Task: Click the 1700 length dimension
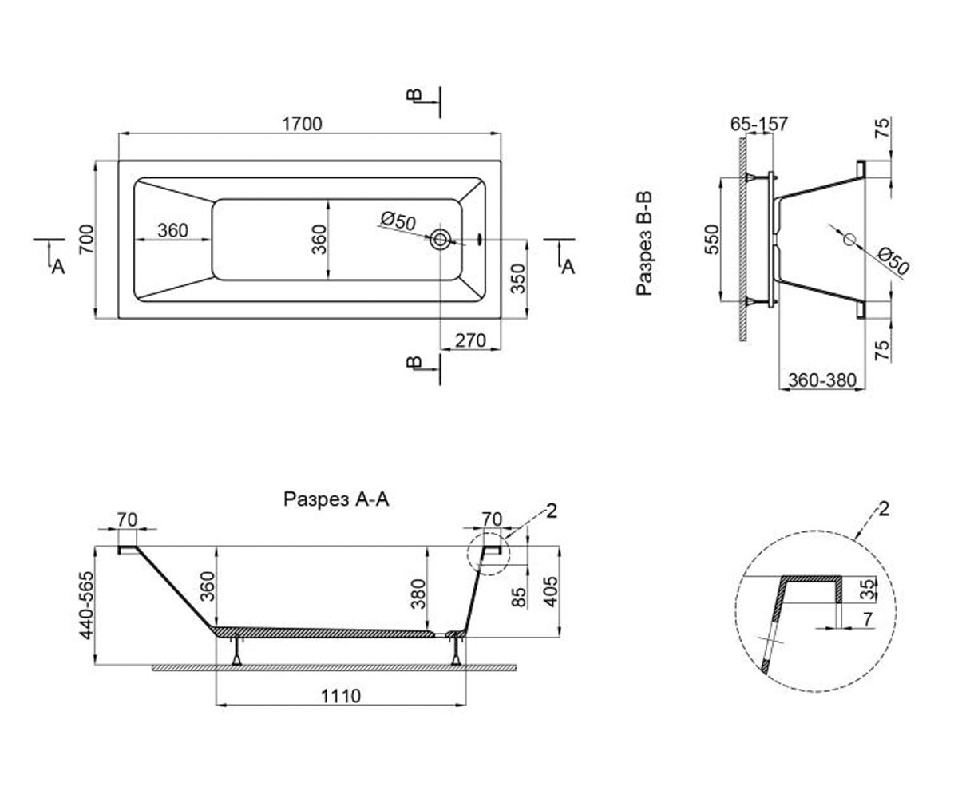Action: click(302, 124)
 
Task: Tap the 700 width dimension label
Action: click(86, 239)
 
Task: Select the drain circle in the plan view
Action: click(440, 239)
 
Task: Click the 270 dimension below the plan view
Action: click(470, 340)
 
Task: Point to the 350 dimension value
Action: click(518, 278)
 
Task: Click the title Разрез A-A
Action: click(336, 499)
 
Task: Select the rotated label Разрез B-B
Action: click(644, 244)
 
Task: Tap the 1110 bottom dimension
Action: click(340, 696)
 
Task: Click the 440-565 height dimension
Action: click(86, 605)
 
